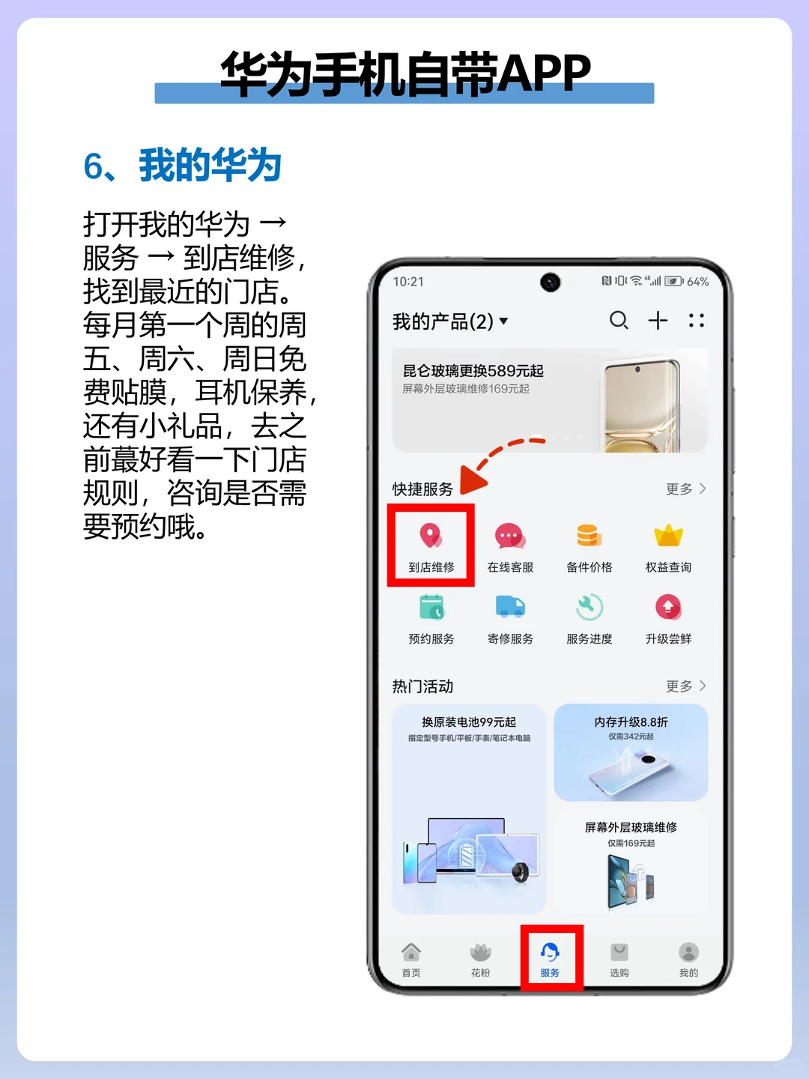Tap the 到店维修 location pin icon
(431, 536)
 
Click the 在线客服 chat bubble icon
(510, 537)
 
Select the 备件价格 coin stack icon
(590, 536)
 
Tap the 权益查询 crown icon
(668, 536)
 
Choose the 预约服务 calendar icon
(431, 607)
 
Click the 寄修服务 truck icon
(510, 607)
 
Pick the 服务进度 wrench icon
(590, 607)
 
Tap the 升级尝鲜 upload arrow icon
(668, 607)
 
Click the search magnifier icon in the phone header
(619, 321)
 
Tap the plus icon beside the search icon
(658, 321)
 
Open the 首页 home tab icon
(411, 952)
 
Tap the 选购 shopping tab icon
(619, 952)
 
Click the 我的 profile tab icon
(688, 952)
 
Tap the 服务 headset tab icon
(550, 952)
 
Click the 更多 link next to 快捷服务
(685, 489)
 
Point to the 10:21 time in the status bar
(408, 282)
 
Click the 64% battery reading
(697, 282)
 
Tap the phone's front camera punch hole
(551, 282)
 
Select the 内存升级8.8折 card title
(631, 722)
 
